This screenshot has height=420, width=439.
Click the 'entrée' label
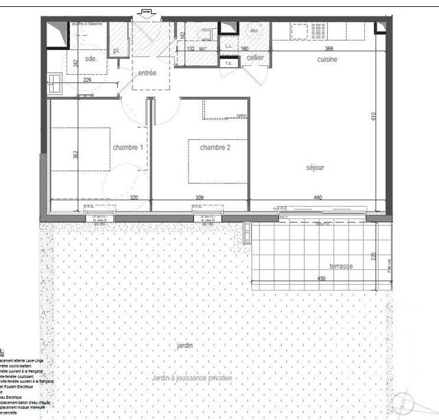[147, 73]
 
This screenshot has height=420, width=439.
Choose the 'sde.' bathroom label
[91, 59]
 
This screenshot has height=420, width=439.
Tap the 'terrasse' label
[341, 266]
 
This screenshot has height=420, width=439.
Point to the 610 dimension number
[374, 117]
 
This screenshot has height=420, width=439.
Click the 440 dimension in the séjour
[318, 198]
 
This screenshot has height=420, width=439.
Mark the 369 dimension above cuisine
[329, 49]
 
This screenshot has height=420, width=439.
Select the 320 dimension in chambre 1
[135, 198]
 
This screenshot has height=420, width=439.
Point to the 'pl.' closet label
[117, 50]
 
